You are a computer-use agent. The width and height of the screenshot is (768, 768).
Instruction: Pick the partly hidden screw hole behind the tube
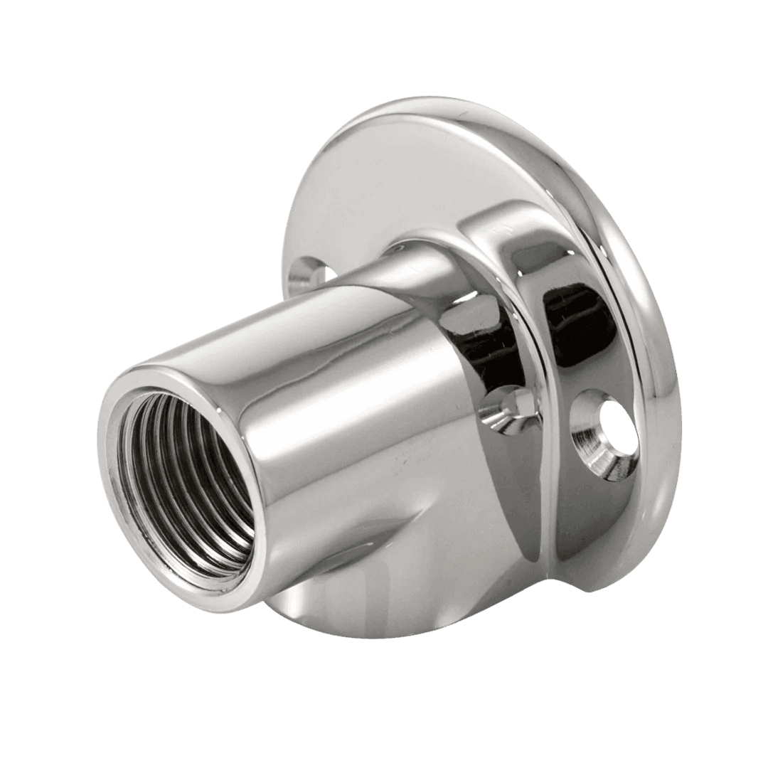pyautogui.click(x=313, y=271)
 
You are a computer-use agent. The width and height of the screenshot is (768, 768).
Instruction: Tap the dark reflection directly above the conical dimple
pyautogui.click(x=491, y=341)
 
